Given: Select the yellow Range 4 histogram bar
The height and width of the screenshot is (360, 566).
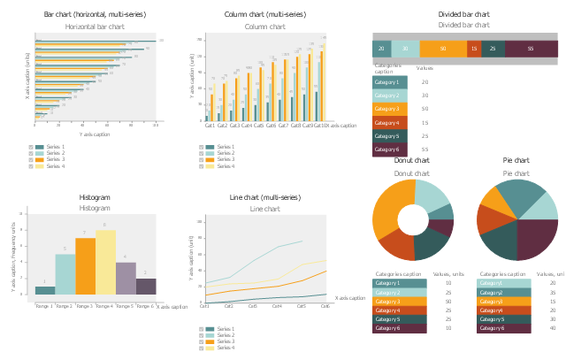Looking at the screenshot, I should pos(105,263).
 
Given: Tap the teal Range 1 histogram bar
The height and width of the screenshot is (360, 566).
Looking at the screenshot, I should pos(45,290).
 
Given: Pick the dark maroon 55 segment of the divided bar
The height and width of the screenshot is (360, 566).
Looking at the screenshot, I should pos(530,49).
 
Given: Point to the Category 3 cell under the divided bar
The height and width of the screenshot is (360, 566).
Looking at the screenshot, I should pos(389,109).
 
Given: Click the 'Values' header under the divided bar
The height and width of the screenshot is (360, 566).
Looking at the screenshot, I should pos(424,67).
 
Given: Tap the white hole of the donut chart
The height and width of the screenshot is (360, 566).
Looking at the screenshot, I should pos(413,219).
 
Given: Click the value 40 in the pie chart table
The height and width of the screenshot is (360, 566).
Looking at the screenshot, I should pos(553,328).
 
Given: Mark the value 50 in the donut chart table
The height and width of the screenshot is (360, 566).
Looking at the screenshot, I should pos(448,301).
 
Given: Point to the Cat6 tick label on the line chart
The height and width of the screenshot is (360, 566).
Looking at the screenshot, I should pos(325,306).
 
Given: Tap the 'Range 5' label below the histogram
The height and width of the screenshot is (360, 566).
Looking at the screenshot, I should pos(126,306).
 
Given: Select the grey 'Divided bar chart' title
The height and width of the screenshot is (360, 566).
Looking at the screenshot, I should pos(464,25).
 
